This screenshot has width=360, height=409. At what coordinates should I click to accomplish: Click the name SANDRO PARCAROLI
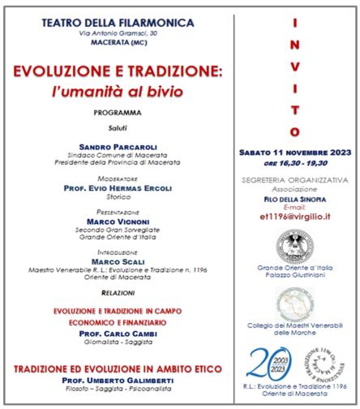(124, 147)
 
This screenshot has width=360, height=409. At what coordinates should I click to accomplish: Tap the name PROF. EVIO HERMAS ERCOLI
(124, 185)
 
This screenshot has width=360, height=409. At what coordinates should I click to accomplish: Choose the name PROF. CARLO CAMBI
(124, 333)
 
